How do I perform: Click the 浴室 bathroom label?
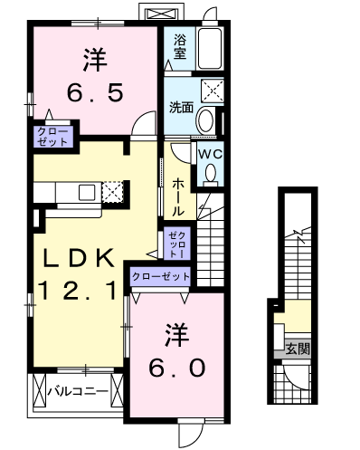pyautogui.click(x=180, y=47)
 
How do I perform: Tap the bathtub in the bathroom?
pyautogui.click(x=209, y=49)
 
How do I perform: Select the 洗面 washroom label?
pyautogui.click(x=181, y=107)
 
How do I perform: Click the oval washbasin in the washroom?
pyautogui.click(x=205, y=120)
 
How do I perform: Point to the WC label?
pyautogui.click(x=210, y=154)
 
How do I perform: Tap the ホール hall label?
pyautogui.click(x=177, y=197)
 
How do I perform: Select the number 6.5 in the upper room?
pyautogui.click(x=95, y=92)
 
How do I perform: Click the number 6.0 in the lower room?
pyautogui.click(x=177, y=369)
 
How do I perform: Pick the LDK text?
pyautogui.click(x=79, y=258)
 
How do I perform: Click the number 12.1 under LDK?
pyautogui.click(x=78, y=291)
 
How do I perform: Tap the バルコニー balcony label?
pyautogui.click(x=78, y=391)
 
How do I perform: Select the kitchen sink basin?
pyautogui.click(x=87, y=192)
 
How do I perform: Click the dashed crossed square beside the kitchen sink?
pyautogui.click(x=113, y=192)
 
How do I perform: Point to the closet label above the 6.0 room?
pyautogui.click(x=161, y=276)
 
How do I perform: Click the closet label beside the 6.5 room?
pyautogui.click(x=52, y=137)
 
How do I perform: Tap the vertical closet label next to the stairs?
pyautogui.click(x=177, y=244)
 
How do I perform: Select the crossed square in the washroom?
pyautogui.click(x=213, y=90)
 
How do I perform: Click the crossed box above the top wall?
pyautogui.click(x=161, y=14)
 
